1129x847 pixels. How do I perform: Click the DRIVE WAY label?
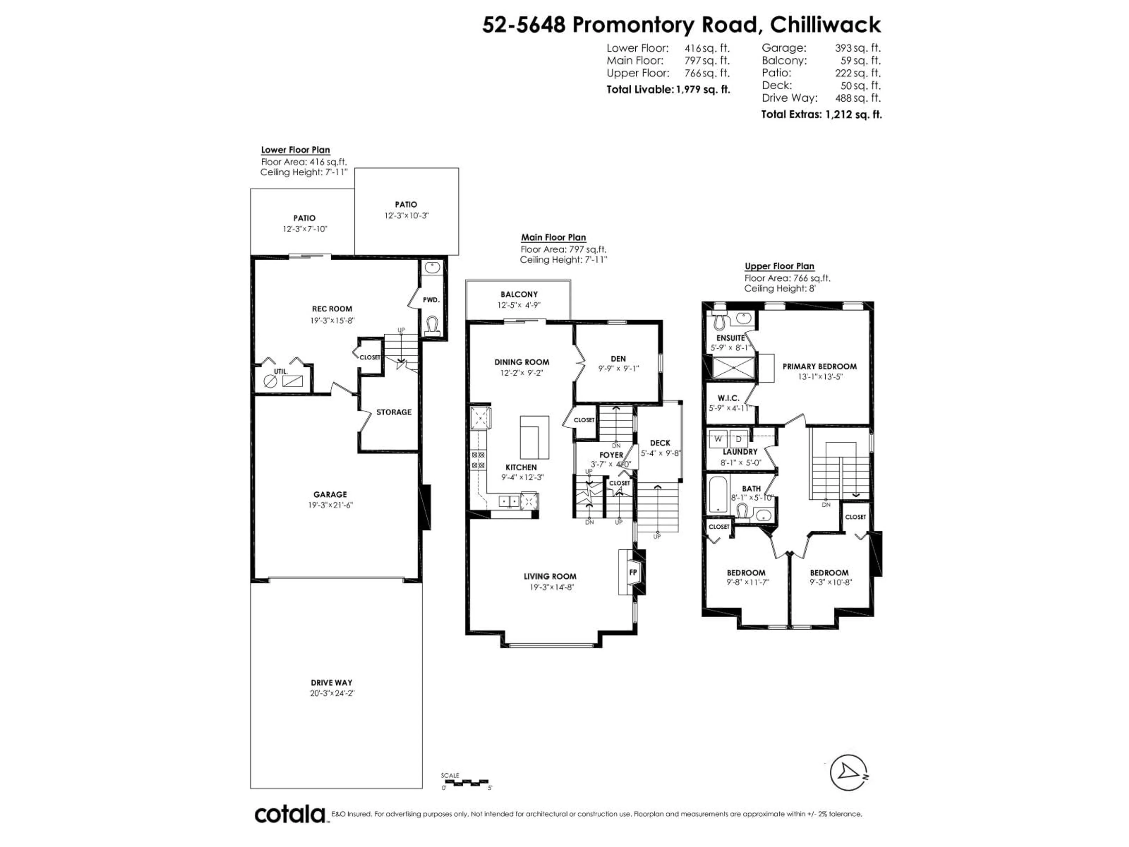click(331, 683)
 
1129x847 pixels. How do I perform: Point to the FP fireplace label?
click(633, 572)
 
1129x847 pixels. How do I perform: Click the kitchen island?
click(534, 437)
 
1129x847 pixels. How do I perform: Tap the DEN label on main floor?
click(618, 359)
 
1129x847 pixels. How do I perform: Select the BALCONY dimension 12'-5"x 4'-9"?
click(519, 305)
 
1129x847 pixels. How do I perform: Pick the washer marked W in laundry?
click(718, 438)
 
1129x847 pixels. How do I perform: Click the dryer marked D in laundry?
click(738, 438)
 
